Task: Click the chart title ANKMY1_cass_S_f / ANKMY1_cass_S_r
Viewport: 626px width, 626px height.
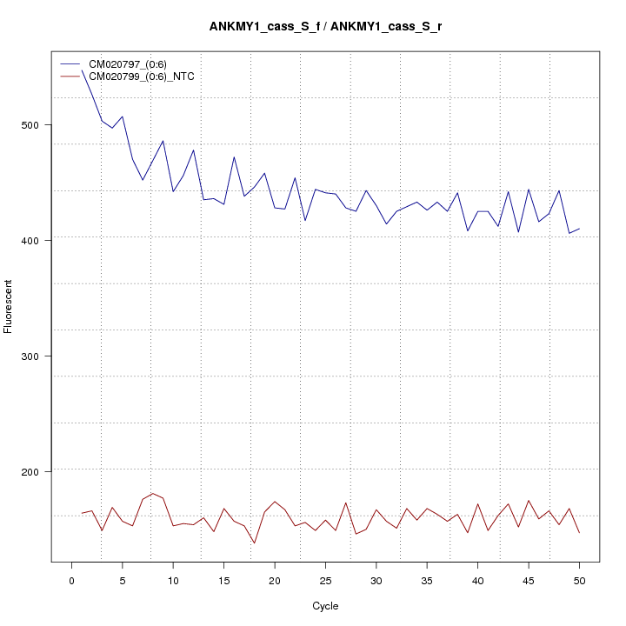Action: [x=325, y=27]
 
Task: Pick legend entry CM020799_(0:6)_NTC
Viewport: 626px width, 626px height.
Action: [x=148, y=77]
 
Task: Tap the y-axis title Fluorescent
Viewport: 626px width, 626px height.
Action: [x=10, y=306]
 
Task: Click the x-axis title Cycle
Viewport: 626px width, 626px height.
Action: [x=325, y=606]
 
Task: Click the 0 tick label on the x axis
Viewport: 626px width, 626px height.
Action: [x=71, y=581]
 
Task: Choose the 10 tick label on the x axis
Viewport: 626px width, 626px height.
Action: [x=173, y=581]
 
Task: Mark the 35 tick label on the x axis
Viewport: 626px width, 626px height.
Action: [x=427, y=581]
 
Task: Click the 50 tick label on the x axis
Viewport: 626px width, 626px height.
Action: [x=579, y=581]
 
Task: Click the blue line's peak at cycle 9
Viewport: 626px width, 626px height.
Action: [x=163, y=141]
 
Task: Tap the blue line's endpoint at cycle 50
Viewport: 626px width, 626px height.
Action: [x=579, y=229]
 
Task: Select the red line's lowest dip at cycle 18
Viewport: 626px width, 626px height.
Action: [x=254, y=543]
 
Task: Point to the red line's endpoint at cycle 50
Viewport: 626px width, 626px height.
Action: [x=579, y=532]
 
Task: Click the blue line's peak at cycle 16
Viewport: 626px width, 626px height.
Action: [x=234, y=157]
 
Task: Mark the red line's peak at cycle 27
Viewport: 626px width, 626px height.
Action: [x=346, y=503]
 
